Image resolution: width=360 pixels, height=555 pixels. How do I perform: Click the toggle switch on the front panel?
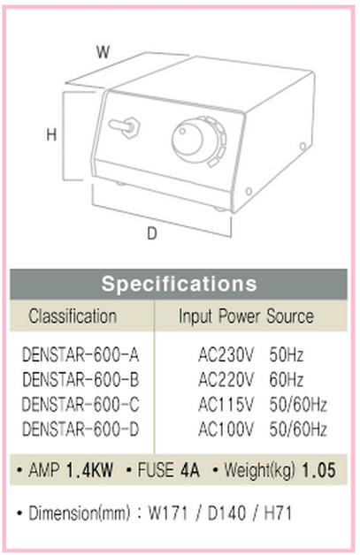125,126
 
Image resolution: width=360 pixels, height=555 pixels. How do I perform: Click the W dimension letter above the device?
103,52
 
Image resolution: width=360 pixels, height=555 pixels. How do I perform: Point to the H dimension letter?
51,134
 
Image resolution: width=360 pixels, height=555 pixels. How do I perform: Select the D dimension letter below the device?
152,233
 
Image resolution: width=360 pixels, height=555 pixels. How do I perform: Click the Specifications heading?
179,284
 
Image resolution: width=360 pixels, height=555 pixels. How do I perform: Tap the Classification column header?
73,316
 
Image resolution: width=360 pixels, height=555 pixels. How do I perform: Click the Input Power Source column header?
246,316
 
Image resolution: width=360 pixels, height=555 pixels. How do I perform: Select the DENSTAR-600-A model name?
80,354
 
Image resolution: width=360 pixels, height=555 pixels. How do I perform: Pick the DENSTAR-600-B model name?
80,379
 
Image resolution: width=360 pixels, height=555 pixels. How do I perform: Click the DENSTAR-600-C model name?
80,404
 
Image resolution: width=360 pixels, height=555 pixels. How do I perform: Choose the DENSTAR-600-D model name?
80,429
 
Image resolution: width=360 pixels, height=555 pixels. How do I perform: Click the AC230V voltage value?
226,354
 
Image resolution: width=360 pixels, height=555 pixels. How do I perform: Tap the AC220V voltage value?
226,379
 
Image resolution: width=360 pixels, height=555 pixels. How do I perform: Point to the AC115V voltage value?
226,404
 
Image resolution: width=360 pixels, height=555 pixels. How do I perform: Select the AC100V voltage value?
226,429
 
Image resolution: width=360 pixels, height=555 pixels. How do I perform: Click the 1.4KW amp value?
90,470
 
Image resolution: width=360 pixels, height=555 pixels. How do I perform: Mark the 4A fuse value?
190,470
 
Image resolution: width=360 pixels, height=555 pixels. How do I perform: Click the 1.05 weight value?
318,470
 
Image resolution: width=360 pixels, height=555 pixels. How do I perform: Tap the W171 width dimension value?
167,513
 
